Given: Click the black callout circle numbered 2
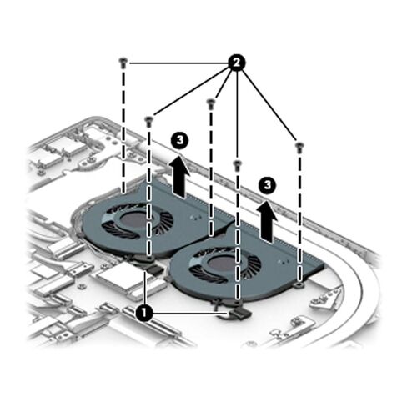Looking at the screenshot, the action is [x=236, y=63].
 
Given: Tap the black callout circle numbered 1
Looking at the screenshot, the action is [x=144, y=314].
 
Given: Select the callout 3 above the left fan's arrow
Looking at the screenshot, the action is [x=180, y=141].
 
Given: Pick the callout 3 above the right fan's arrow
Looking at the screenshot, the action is [x=267, y=185].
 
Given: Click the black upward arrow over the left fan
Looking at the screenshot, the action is [x=180, y=178].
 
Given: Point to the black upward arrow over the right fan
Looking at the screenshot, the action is [x=267, y=221].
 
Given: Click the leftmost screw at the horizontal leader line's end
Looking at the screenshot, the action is [x=123, y=63].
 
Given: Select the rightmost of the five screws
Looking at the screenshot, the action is [x=299, y=148].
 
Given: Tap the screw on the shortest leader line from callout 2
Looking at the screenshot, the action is [x=211, y=103].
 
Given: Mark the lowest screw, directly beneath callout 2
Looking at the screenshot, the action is [x=237, y=165].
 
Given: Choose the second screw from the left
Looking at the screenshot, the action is [x=149, y=122].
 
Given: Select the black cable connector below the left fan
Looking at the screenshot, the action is [x=153, y=269].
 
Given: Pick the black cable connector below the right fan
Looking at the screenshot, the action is [x=239, y=313].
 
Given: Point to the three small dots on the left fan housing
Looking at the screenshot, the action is [x=196, y=218].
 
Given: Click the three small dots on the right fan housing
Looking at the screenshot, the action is [x=284, y=261].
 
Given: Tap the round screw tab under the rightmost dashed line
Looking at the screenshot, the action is [x=299, y=284].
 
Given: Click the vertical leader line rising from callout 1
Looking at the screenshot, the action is [x=145, y=288].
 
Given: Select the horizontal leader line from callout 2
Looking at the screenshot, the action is [x=178, y=63].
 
